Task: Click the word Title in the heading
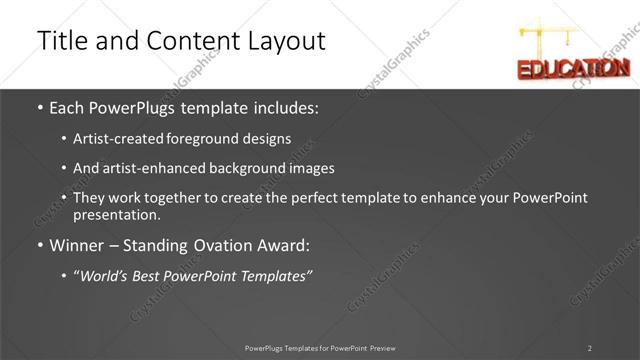pos(61,41)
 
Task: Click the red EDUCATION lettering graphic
pos(572,68)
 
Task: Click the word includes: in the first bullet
pos(287,107)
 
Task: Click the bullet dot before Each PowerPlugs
pos(39,107)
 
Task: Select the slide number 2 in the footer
pos(590,348)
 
